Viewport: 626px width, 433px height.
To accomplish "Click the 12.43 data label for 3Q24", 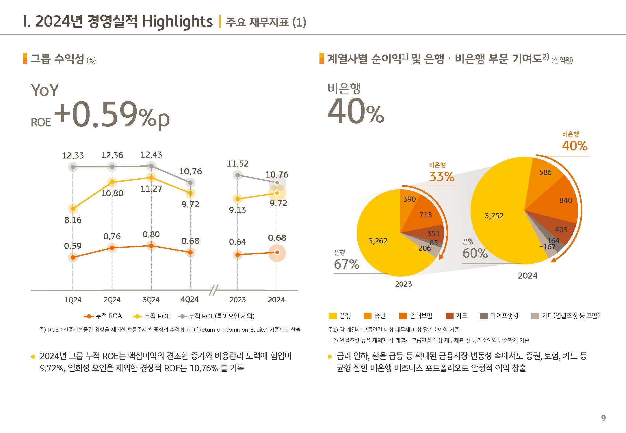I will (x=151, y=155).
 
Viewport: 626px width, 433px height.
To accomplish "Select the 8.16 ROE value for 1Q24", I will (x=73, y=220).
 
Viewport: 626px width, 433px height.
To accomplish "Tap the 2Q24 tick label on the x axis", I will (x=112, y=300).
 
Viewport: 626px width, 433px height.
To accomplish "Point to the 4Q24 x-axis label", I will (x=190, y=299).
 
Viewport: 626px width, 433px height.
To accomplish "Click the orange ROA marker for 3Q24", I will (x=151, y=246).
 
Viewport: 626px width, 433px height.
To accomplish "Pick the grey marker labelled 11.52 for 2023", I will (x=237, y=175).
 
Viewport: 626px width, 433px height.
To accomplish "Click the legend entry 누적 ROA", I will (x=103, y=316).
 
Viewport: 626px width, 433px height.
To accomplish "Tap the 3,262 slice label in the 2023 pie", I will (x=378, y=241).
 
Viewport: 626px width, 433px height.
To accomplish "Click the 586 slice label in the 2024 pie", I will (x=545, y=172).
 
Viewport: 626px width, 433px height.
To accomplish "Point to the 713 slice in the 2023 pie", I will (x=426, y=215).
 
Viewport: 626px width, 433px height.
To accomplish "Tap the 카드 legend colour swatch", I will (x=449, y=316).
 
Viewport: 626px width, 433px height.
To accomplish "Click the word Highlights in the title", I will (x=177, y=22).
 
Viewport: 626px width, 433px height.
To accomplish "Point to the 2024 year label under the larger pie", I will (x=527, y=276).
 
